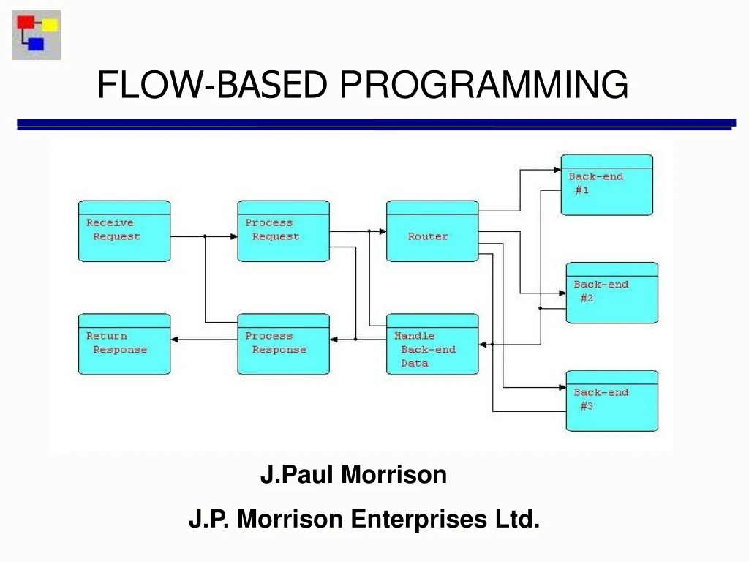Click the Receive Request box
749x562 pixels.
pos(124,231)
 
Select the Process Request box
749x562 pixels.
pos(283,231)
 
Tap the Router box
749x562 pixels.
pos(432,231)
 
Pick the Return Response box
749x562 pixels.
pos(124,344)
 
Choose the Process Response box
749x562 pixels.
pos(283,344)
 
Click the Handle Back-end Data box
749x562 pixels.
pos(432,344)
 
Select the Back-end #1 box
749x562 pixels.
pos(606,184)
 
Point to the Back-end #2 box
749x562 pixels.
pos(611,293)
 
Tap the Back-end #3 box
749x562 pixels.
pos(611,400)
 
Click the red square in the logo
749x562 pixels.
pos(26,22)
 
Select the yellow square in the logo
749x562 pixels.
pos(50,26)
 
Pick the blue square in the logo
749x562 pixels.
pos(36,45)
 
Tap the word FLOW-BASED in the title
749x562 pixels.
pos(212,84)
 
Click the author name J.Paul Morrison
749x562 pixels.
pos(353,475)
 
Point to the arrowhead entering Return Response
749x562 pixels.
pos(176,339)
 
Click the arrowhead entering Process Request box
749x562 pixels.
pos(233,236)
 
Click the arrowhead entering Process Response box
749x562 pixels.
pos(334,339)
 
